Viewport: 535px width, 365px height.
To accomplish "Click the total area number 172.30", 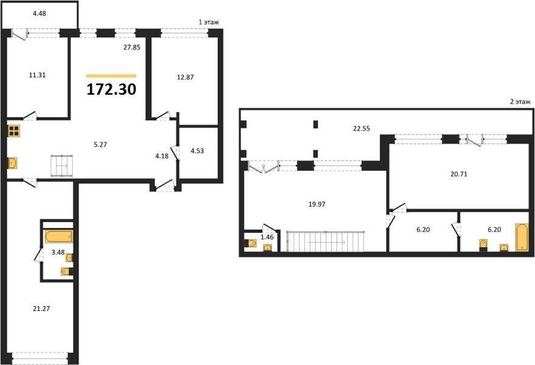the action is [112, 89].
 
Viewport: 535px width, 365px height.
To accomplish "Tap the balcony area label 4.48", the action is [40, 13].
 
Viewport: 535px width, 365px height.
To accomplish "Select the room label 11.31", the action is [37, 75].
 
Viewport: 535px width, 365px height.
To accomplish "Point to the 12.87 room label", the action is [185, 77].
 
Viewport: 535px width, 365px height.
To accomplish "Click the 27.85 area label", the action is [132, 47].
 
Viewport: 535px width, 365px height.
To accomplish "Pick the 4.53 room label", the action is [197, 151].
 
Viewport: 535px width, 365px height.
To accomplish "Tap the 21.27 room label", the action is [41, 308].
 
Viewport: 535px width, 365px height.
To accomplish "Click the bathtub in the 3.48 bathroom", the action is [59, 236].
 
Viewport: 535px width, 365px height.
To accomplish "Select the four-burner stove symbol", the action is [14, 131].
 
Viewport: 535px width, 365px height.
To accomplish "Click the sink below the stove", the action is [13, 163].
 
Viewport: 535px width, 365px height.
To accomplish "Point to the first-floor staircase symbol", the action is [62, 165].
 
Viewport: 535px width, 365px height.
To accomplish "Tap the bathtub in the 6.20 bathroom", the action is [522, 237].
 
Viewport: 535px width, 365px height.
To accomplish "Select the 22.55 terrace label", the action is [361, 129].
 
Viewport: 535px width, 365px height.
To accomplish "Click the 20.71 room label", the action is [459, 174].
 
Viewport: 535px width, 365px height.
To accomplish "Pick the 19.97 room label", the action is [317, 204].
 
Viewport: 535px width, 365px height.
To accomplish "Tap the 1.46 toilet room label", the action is [267, 237].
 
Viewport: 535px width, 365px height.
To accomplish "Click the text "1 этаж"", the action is [209, 23].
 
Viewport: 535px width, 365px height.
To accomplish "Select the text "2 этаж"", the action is [520, 102].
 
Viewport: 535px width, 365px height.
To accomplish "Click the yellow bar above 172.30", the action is [111, 76].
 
